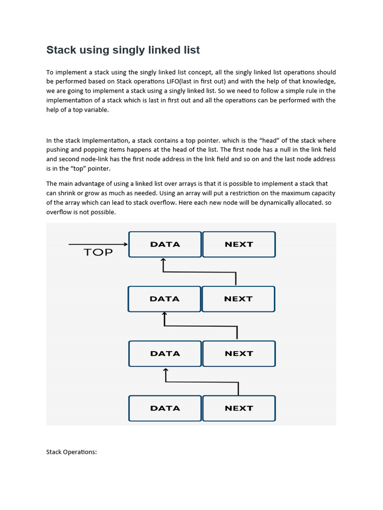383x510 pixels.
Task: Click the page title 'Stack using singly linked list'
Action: pyautogui.click(x=123, y=50)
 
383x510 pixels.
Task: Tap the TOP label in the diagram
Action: pyautogui.click(x=98, y=252)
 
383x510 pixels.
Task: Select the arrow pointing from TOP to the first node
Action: pyautogui.click(x=98, y=244)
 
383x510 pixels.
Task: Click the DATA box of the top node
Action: pyautogui.click(x=165, y=244)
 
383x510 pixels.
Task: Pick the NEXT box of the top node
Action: pyautogui.click(x=239, y=244)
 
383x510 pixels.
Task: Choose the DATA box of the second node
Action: pyautogui.click(x=164, y=299)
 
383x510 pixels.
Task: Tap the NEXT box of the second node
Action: pyautogui.click(x=238, y=299)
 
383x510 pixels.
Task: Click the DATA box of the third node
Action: pyautogui.click(x=165, y=354)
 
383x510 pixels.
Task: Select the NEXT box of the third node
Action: pyautogui.click(x=239, y=354)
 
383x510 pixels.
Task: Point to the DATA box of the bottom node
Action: pyautogui.click(x=165, y=408)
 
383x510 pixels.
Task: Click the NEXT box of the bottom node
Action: pyautogui.click(x=239, y=408)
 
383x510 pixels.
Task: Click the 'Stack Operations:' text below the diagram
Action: pyautogui.click(x=71, y=452)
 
